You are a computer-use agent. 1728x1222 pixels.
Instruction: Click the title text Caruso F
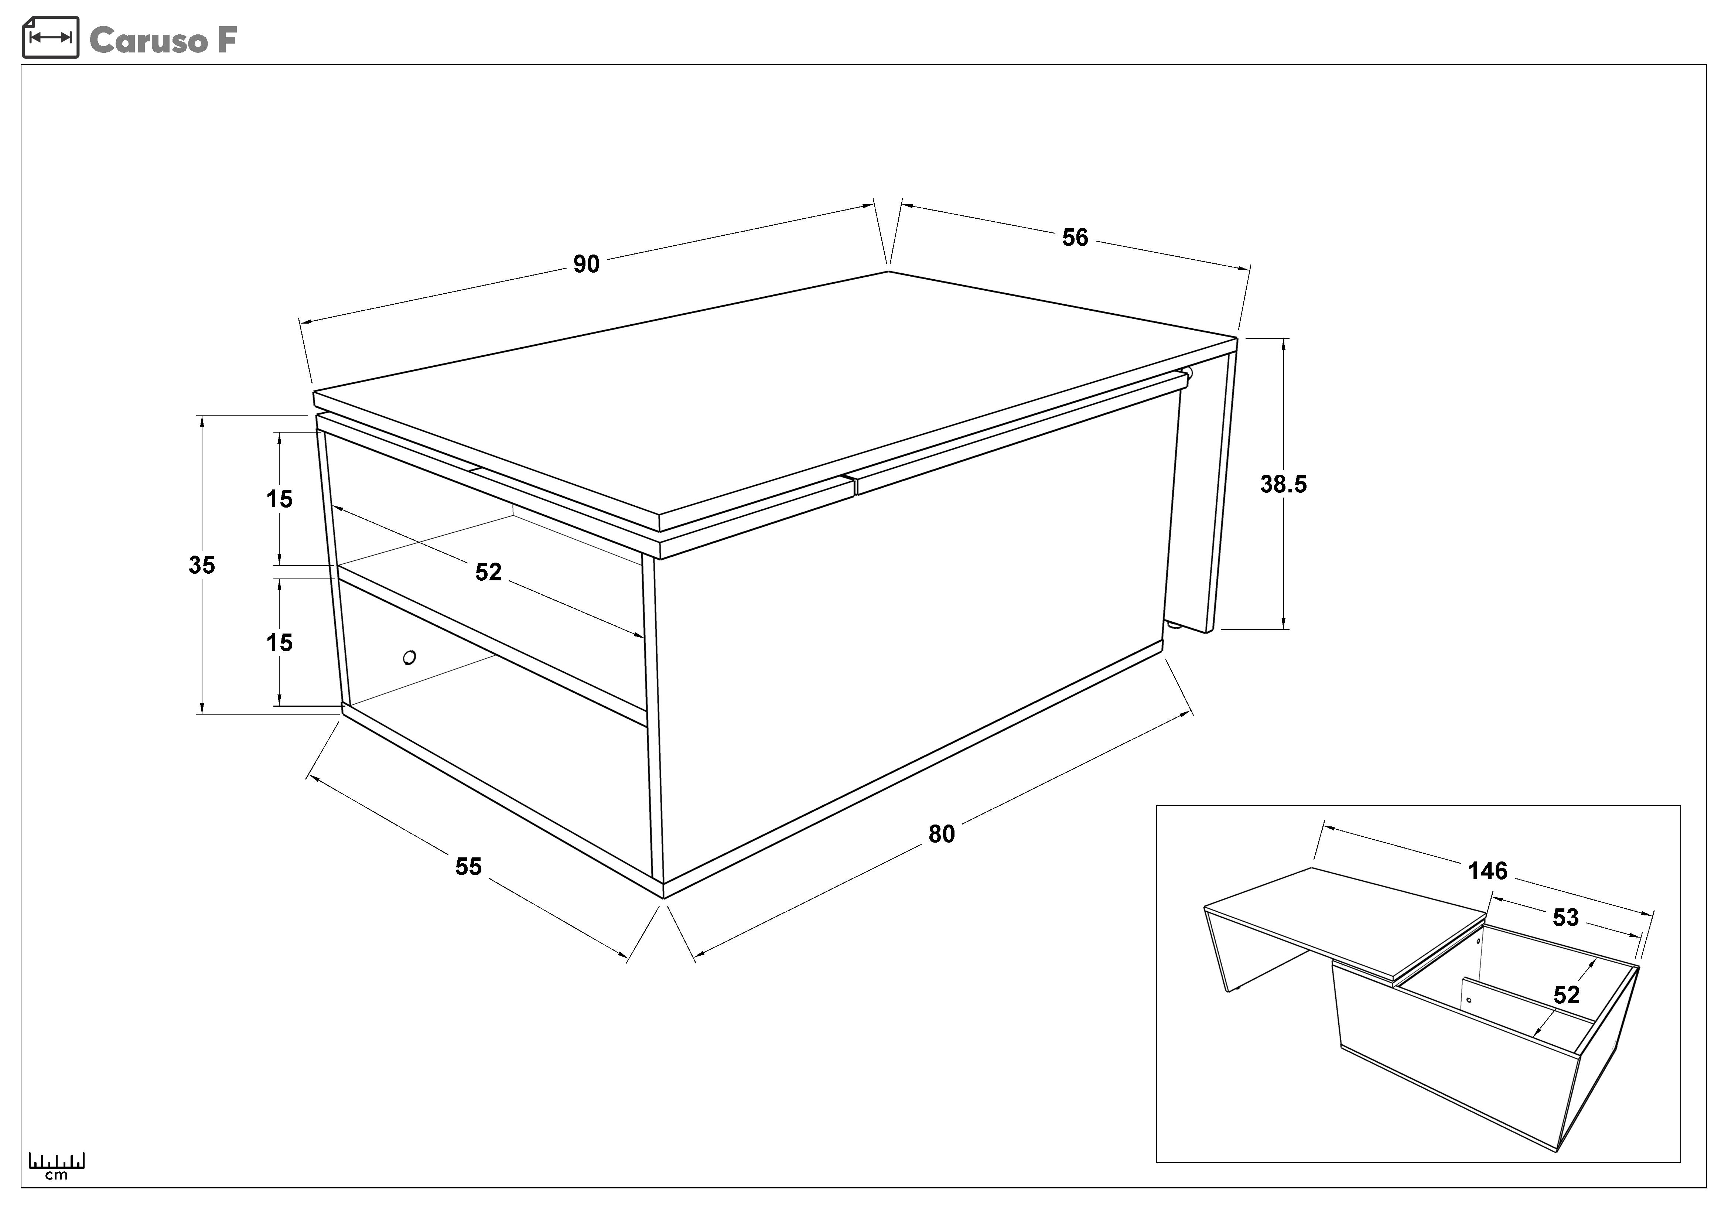tap(163, 40)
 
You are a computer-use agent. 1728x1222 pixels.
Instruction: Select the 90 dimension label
tap(586, 264)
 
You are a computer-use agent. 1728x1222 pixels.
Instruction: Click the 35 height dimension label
tap(202, 565)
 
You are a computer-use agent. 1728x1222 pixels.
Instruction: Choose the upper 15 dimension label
tap(279, 499)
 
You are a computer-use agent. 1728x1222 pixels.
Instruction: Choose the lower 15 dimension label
tap(279, 643)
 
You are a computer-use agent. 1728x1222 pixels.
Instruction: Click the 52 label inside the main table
tap(488, 573)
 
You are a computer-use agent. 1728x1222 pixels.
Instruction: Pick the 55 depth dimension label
tap(468, 867)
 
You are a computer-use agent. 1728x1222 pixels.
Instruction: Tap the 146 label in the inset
tap(1488, 871)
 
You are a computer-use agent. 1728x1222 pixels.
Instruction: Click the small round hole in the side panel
tap(409, 658)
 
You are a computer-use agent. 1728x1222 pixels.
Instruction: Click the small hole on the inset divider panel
tap(1469, 1001)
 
